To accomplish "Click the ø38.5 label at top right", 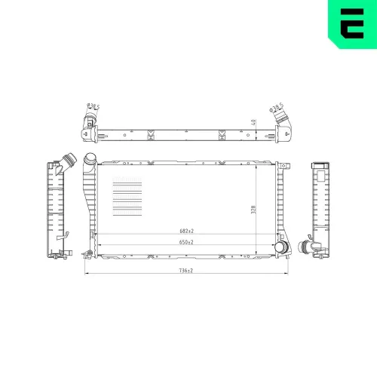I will point(277,108).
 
